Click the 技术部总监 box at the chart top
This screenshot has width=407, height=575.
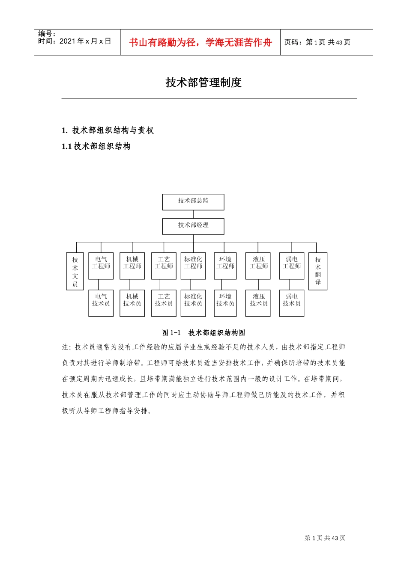pos(193,202)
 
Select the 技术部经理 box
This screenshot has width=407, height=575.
pos(193,226)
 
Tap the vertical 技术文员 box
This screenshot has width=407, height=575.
pos(75,271)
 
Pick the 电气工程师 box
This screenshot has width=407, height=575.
pos(101,266)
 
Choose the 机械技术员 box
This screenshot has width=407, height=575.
pos(132,303)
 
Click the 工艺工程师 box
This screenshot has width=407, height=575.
pos(164,266)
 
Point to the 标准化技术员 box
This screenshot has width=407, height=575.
pos(193,303)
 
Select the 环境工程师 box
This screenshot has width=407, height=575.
pos(225,266)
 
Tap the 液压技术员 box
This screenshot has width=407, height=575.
pos(258,303)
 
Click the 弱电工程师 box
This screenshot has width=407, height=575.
pos(292,266)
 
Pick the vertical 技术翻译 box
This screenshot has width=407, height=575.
pos(318,271)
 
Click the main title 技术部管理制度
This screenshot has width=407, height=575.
pos(203,83)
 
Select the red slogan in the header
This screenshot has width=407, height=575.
pos(201,42)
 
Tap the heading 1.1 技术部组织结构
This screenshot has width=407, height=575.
pos(96,146)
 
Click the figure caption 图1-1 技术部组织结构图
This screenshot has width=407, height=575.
pos(203,332)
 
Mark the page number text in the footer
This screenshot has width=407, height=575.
pos(325,538)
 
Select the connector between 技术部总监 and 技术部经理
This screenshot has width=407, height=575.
pos(193,214)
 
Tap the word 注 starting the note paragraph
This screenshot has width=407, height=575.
pos(65,347)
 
